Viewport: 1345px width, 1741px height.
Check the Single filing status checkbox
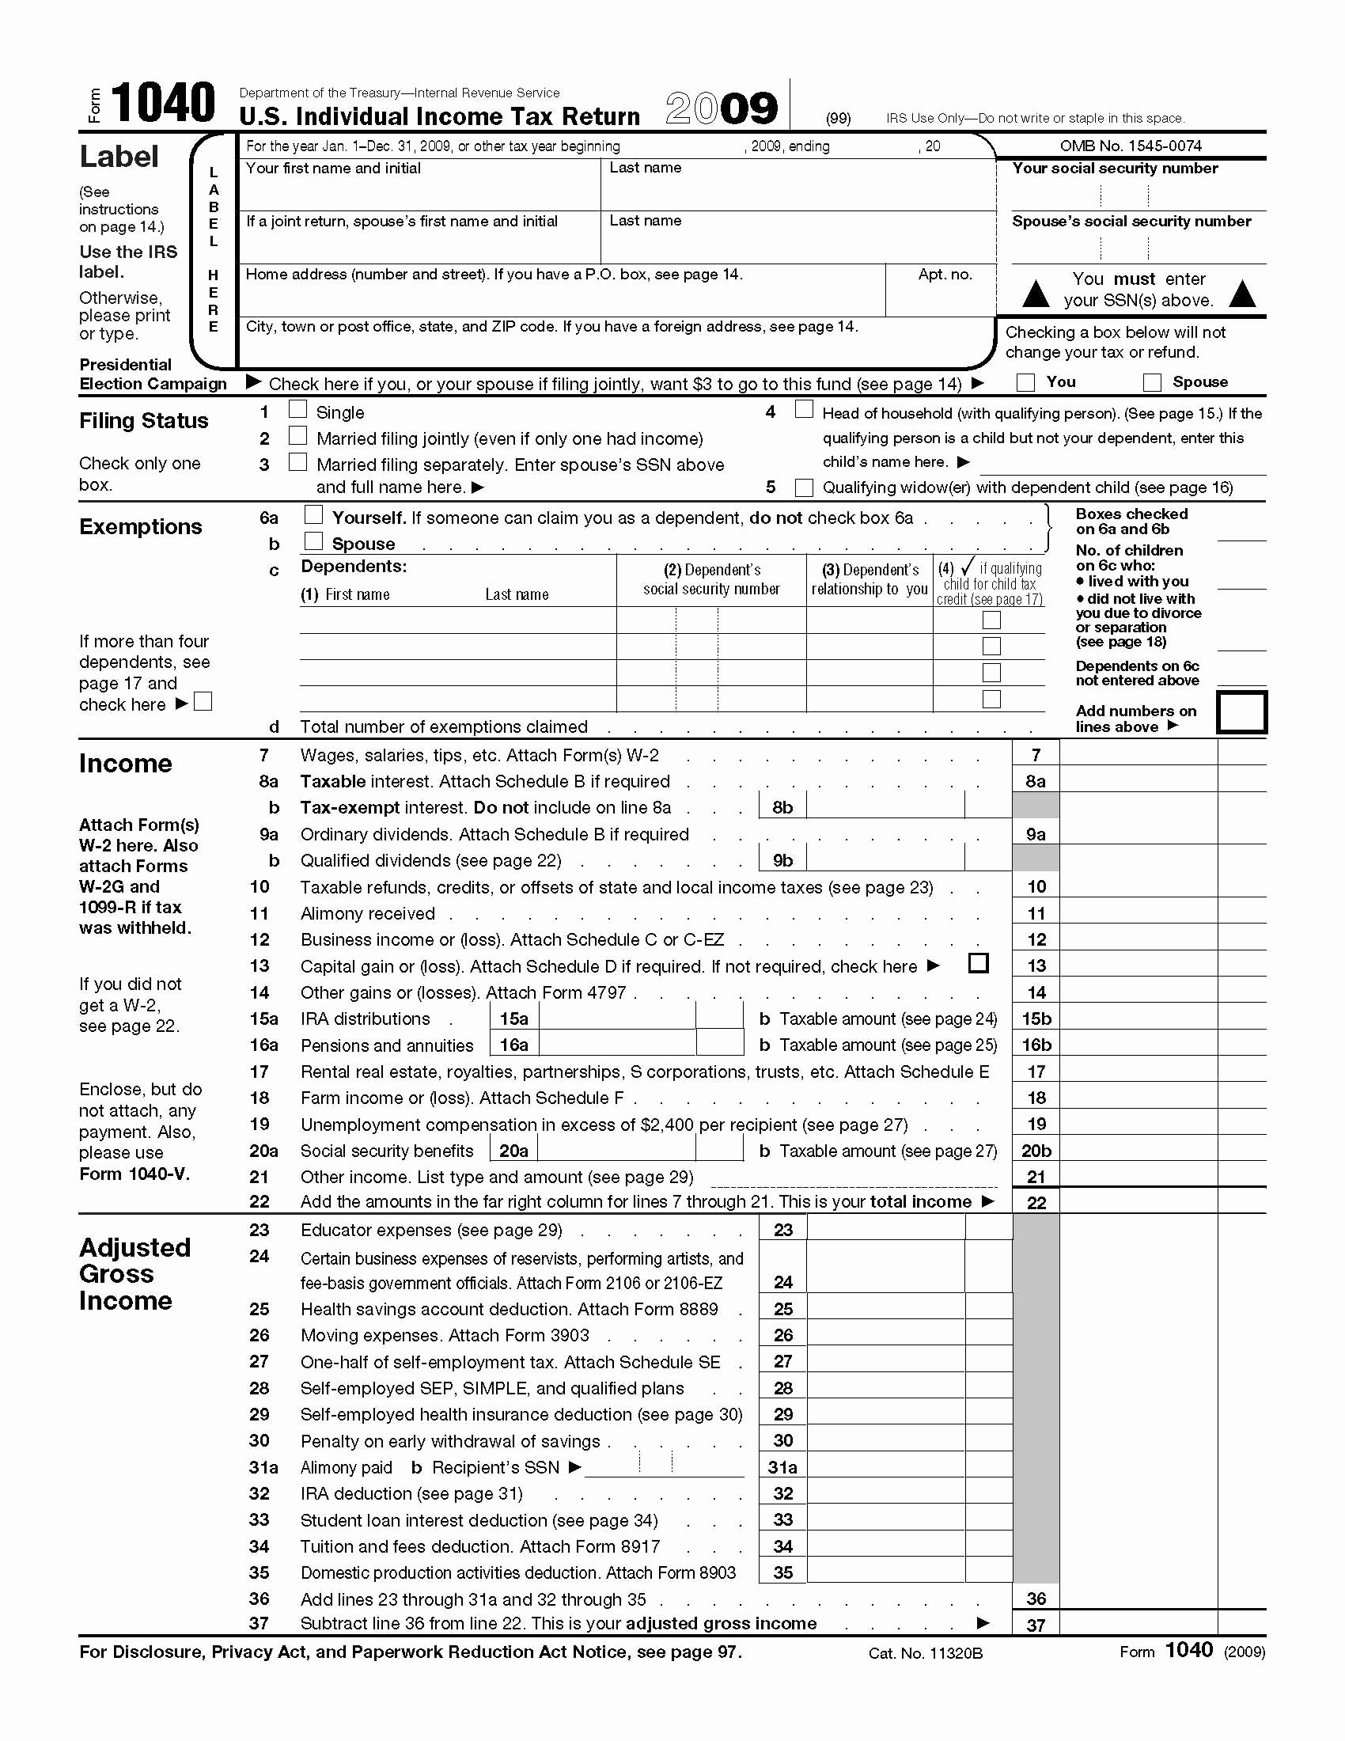tap(297, 409)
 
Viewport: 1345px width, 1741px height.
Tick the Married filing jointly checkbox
tap(297, 435)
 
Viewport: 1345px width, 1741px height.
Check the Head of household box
tap(804, 410)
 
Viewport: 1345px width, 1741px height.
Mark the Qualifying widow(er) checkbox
tap(804, 487)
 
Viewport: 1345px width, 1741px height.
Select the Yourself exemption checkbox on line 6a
tap(313, 515)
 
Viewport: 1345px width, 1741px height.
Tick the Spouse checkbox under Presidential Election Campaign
tap(1151, 383)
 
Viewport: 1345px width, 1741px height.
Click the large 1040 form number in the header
tap(163, 104)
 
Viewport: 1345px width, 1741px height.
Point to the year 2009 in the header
tap(721, 108)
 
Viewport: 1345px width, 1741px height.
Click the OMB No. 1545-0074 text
tap(1130, 146)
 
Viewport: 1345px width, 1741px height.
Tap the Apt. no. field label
tap(944, 275)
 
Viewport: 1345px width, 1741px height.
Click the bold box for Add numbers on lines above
tap(1241, 712)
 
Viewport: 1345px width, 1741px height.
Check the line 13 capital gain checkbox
tap(978, 963)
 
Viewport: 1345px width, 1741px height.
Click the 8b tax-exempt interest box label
tap(782, 807)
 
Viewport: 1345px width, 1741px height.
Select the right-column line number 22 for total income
tap(1036, 1202)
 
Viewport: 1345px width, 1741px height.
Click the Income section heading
tap(125, 764)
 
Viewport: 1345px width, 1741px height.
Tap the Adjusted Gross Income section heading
tap(134, 1274)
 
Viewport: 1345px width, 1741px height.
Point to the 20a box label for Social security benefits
tap(513, 1151)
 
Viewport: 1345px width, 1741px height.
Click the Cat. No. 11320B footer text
tap(925, 1653)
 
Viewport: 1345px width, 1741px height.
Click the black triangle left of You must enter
tap(1035, 294)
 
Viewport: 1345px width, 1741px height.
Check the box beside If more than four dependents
tap(203, 701)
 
